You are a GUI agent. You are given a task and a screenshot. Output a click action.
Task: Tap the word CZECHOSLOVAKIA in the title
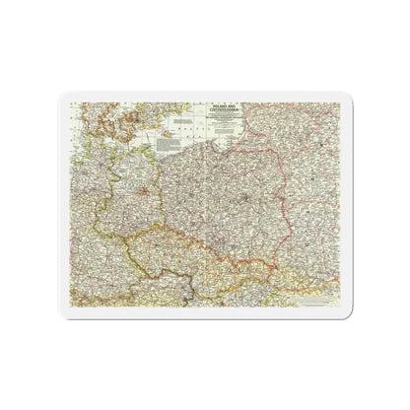(x=230, y=105)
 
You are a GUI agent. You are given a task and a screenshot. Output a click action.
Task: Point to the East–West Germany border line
(x=99, y=197)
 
